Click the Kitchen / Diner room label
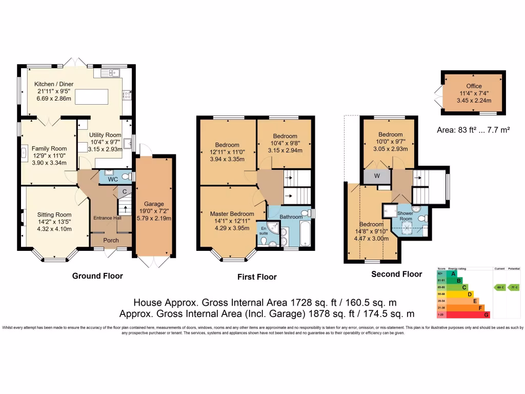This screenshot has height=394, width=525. tap(54, 84)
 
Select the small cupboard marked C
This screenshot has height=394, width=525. tap(124, 192)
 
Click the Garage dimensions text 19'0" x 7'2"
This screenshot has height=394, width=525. tap(154, 211)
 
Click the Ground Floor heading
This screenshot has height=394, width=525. tap(97, 276)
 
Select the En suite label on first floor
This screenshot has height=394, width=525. tap(263, 230)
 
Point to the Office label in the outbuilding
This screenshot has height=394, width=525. tap(474, 86)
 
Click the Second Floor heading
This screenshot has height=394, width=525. tap(397, 274)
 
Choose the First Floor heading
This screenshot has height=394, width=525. tap(257, 277)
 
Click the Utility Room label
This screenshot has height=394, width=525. tap(106, 135)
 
